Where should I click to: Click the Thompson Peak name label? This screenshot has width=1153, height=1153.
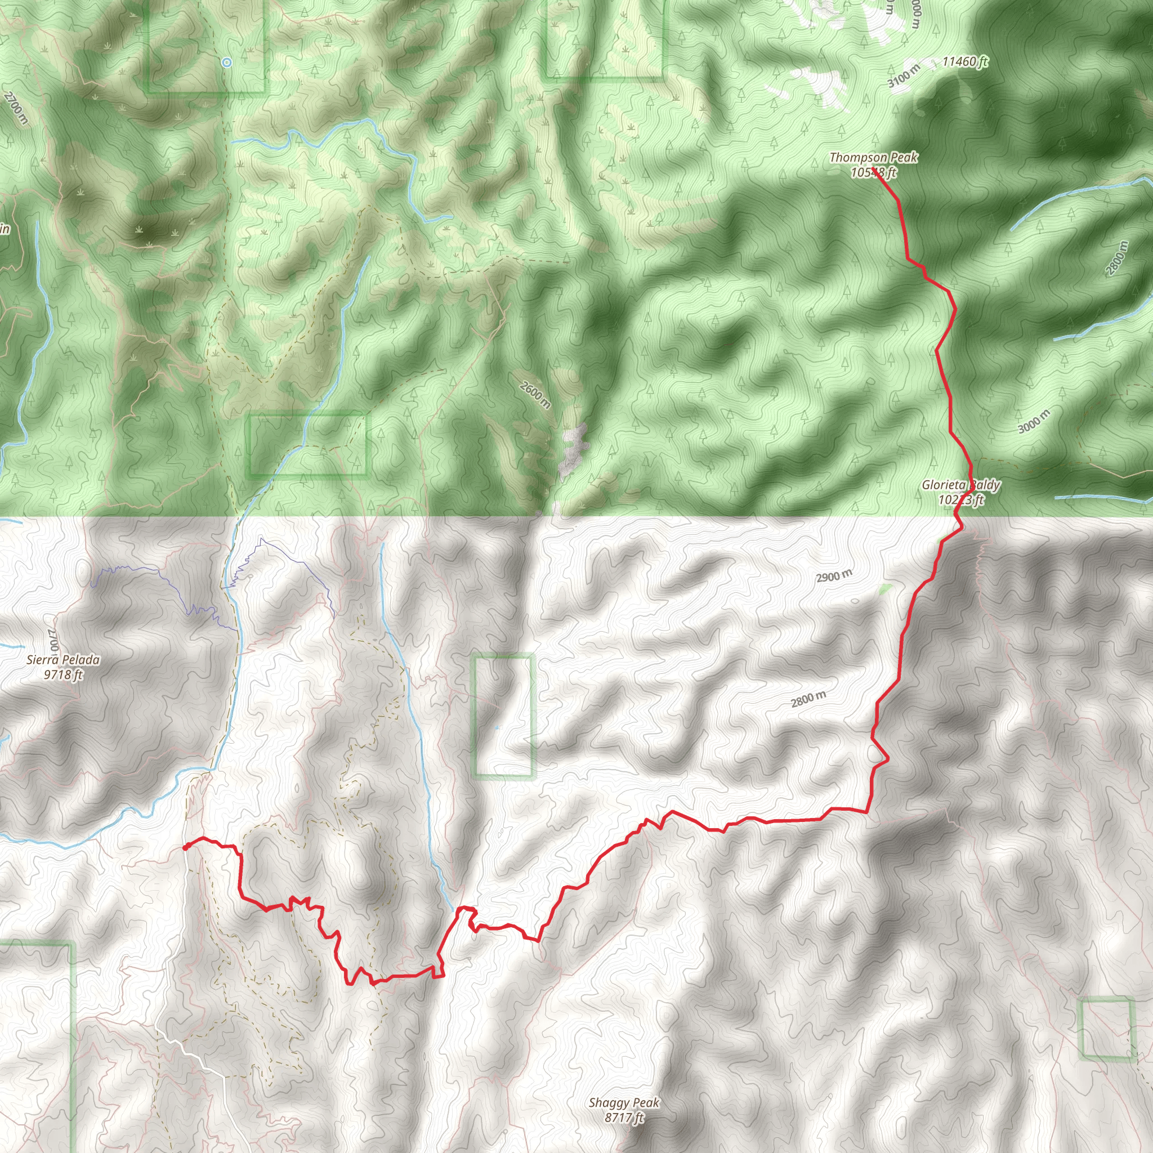[874, 158]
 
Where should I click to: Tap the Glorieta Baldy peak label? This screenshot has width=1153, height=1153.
[961, 485]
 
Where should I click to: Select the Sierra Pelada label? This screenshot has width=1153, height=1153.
[63, 660]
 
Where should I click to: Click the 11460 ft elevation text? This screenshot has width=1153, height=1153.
[965, 61]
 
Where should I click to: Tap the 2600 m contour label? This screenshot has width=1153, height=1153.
[535, 395]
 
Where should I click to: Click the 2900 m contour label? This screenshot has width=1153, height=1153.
[834, 576]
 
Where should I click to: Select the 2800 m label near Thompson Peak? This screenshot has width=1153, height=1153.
[1118, 258]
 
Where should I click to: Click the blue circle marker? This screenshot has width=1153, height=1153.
[227, 62]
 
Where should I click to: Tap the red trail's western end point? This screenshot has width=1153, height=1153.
[186, 847]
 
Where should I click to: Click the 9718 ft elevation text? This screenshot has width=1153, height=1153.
[63, 675]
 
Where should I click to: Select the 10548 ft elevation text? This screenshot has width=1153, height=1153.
[874, 173]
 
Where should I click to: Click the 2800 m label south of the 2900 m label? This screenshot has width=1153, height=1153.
[808, 699]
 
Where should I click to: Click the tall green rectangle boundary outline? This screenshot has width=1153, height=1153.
[503, 716]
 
